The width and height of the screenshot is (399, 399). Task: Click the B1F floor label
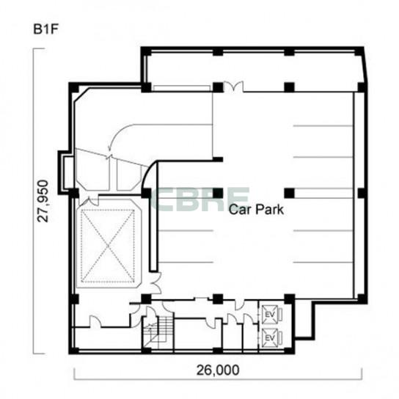pyautogui.click(x=45, y=29)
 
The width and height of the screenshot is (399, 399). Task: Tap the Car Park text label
pyautogui.click(x=256, y=210)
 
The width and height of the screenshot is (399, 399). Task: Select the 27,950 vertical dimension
pyautogui.click(x=43, y=201)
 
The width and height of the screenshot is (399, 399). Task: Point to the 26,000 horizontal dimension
pyautogui.click(x=218, y=370)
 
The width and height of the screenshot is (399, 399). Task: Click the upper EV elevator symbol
pyautogui.click(x=271, y=315)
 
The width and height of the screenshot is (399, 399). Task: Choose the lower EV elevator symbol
pyautogui.click(x=271, y=338)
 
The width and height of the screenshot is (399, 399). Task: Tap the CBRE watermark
pyautogui.click(x=200, y=199)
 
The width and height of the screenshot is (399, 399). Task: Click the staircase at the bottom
pyautogui.click(x=158, y=333)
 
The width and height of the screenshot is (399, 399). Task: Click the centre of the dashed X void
pyautogui.click(x=108, y=246)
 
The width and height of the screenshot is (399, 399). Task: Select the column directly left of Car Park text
pyautogui.click(x=218, y=193)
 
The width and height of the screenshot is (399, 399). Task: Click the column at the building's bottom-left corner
pyautogui.click(x=74, y=350)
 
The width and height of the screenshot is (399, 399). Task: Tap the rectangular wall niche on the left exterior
pyautogui.click(x=65, y=173)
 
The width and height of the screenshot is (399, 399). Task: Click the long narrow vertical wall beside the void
pyautogui.click(x=153, y=230)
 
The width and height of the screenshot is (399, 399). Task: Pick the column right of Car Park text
pyautogui.click(x=289, y=193)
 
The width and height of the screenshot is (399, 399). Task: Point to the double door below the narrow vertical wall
pyautogui.click(x=155, y=283)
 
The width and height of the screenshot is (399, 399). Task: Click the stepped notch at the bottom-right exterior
pyautogui.click(x=304, y=320)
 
